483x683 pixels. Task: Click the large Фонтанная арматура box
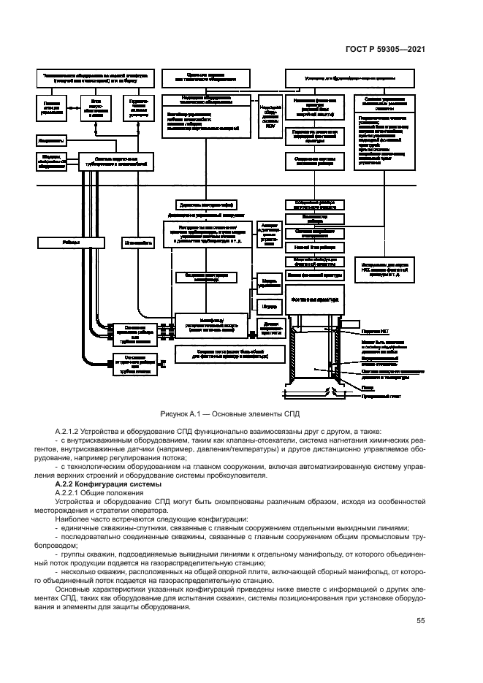(314, 299)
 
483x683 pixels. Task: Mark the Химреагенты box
(50, 138)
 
